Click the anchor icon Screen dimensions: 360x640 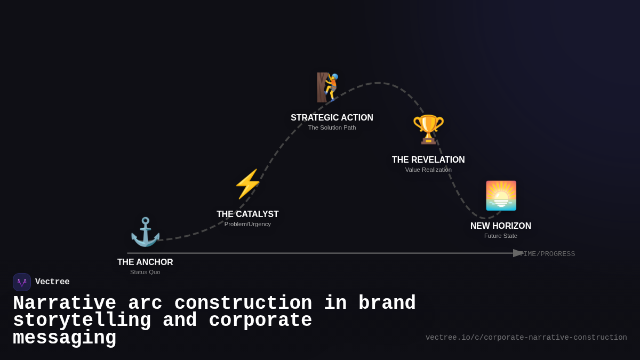click(145, 232)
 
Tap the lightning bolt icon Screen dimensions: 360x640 click(247, 184)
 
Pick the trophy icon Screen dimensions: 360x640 click(428, 129)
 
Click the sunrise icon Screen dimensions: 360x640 click(501, 196)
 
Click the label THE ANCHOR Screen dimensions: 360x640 click(145, 262)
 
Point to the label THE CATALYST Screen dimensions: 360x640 click(247, 214)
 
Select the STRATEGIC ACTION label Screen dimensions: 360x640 click(332, 118)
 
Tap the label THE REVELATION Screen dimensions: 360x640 click(428, 160)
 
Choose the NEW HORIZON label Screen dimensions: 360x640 click(501, 226)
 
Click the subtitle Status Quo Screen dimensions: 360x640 click(145, 272)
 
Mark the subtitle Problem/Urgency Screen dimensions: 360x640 click(247, 224)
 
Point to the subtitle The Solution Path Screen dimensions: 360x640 click(332, 127)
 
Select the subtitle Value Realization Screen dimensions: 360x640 click(428, 170)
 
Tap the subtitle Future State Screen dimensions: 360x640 click(501, 236)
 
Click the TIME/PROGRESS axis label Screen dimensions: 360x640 click(548, 254)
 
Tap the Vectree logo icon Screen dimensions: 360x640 click(22, 282)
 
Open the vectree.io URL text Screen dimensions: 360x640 click(526, 338)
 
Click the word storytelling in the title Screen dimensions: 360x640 click(82, 321)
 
